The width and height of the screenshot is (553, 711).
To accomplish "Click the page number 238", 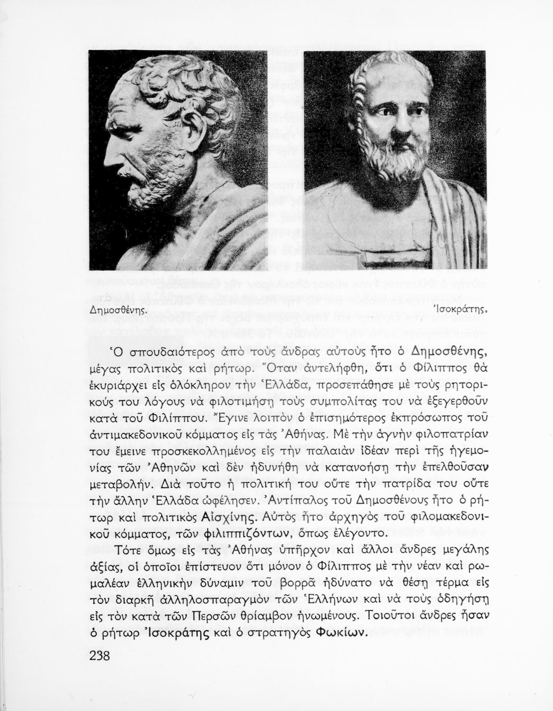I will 99,656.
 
